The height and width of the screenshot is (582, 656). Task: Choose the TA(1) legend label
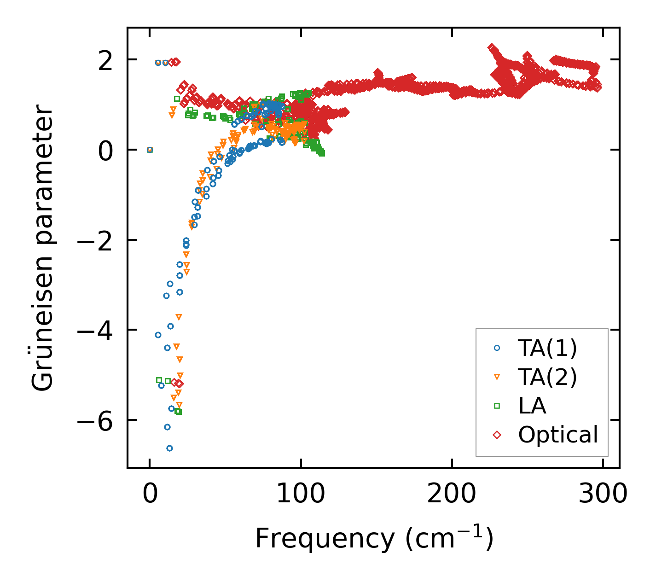click(x=547, y=349)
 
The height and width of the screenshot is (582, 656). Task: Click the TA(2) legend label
click(x=547, y=377)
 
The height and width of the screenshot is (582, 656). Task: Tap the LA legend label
click(x=532, y=406)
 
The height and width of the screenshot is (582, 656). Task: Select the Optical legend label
click(x=558, y=434)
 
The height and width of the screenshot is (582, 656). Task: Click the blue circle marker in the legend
click(x=497, y=349)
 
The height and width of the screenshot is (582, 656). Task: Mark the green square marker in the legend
click(x=497, y=406)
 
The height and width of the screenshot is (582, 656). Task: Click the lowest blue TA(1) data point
click(x=169, y=448)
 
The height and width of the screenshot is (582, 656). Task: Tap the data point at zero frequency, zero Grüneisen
click(x=150, y=150)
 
